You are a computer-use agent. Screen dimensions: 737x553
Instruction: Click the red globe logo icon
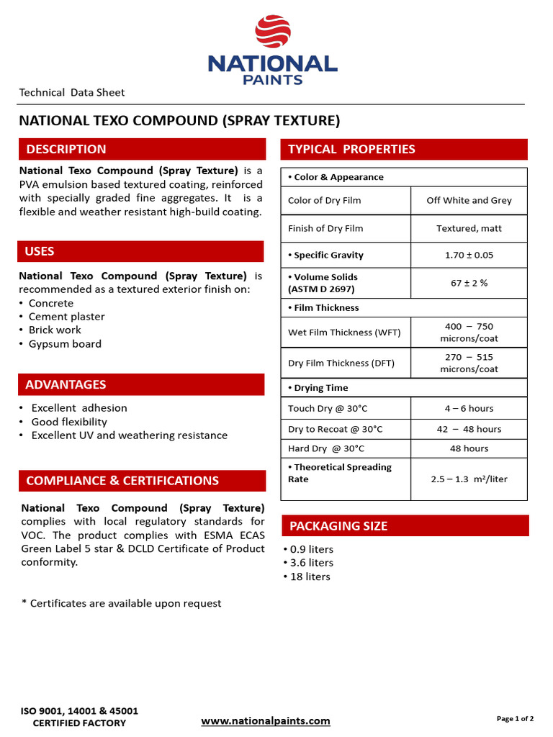[273, 32]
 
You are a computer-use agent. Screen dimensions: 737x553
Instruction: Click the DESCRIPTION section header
[66, 149]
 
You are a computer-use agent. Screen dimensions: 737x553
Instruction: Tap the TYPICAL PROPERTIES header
[351, 149]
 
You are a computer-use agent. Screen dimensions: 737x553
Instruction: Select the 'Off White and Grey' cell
[469, 200]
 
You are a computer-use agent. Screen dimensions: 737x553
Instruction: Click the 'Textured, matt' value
[469, 228]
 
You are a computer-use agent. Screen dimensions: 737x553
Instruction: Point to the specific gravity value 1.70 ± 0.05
[469, 255]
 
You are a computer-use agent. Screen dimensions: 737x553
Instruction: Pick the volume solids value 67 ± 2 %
[469, 283]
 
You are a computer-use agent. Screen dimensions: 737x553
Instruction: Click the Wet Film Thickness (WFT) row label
[344, 333]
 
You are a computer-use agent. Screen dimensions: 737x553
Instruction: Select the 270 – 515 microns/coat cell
[469, 363]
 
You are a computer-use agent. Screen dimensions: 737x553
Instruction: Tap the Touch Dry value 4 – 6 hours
[469, 408]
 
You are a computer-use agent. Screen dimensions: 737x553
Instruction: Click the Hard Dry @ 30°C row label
[326, 448]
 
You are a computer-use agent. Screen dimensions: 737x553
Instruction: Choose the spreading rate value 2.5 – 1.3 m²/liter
[469, 479]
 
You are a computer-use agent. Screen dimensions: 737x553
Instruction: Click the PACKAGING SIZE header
[338, 526]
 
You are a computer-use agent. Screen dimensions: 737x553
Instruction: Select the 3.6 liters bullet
[311, 563]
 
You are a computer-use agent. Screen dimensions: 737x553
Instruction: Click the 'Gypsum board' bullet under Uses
[65, 344]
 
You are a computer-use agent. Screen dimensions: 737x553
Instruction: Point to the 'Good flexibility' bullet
[69, 422]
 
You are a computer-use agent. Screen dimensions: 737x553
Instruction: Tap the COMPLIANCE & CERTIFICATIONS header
[122, 481]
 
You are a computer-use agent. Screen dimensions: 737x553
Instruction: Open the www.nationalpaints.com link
[265, 720]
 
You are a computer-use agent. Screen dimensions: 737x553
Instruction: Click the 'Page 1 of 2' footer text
[515, 718]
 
